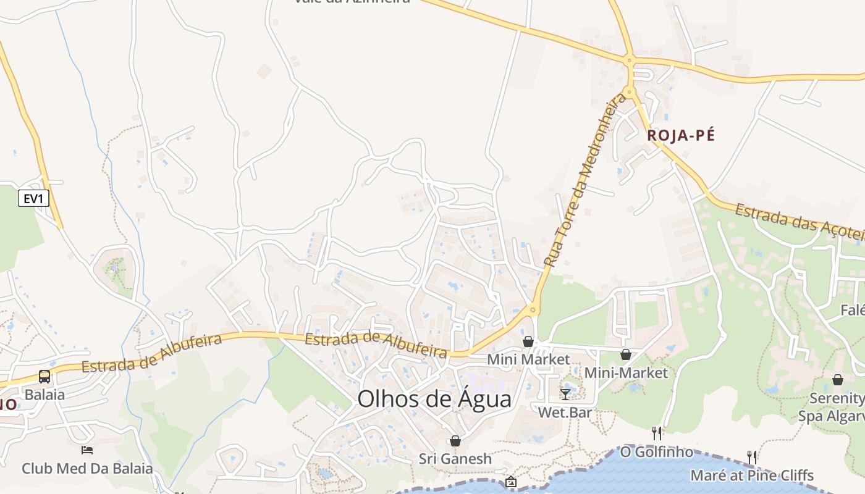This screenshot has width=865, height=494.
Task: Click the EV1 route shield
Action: pos(33,198)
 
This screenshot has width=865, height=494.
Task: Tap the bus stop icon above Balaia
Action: pos(44,377)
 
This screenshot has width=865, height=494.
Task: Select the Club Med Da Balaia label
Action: pos(87,468)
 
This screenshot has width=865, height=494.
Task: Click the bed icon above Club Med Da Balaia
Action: pos(87,450)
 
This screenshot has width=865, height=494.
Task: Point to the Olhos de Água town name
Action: pos(434,399)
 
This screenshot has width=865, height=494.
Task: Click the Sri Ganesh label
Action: pos(455,459)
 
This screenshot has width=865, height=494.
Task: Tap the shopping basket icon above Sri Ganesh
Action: pos(455,441)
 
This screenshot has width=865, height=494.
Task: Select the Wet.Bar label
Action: pos(565,412)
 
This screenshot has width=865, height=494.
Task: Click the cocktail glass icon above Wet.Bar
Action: pos(565,394)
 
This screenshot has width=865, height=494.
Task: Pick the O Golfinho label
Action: pos(657,452)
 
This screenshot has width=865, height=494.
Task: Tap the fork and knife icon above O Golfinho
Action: pos(657,433)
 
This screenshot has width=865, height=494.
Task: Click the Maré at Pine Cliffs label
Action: pos(751,475)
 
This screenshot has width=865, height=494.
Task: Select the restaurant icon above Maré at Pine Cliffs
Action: pos(751,457)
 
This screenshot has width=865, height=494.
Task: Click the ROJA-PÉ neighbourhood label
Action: pos(680,136)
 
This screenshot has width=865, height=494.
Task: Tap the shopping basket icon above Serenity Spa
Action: pos(838,380)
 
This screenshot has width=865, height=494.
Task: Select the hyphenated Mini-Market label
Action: pos(626,373)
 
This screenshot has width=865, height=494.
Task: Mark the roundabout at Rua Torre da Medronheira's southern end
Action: pos(533,309)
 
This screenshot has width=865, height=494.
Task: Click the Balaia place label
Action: pos(44,395)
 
